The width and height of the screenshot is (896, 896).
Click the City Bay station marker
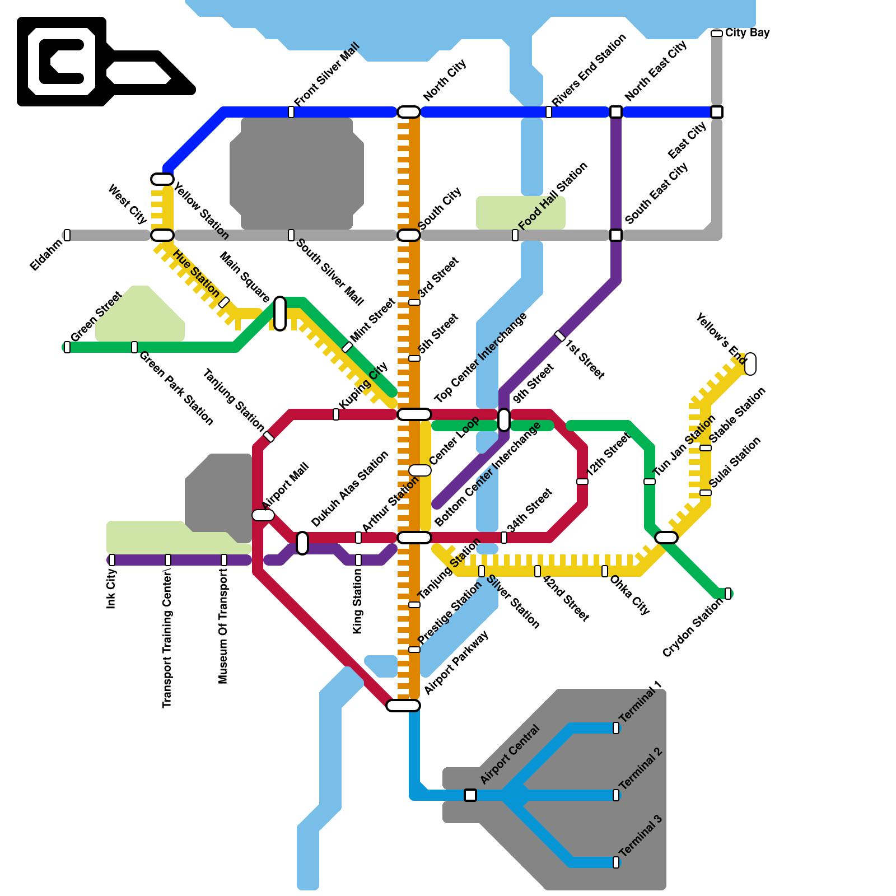click(716, 34)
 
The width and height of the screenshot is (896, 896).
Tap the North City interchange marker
click(409, 112)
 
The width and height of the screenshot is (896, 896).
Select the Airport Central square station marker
click(470, 795)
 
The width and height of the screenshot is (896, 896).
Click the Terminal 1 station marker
click(616, 728)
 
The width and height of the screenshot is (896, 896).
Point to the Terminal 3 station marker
click(616, 862)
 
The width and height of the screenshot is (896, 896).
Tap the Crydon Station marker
click(728, 594)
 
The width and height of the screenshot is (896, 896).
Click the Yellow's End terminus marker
click(750, 364)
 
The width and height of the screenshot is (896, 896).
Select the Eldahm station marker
click(67, 235)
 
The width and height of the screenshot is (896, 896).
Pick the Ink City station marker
click(112, 560)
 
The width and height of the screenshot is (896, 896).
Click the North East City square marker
click(616, 112)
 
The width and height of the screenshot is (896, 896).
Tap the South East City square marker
click(616, 235)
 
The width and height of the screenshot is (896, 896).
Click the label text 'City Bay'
click(747, 32)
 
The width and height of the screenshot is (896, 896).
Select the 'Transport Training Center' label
click(167, 638)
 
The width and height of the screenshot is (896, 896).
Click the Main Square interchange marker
click(280, 314)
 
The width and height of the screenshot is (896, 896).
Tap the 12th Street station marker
click(582, 482)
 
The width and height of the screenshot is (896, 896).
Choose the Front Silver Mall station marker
click(291, 112)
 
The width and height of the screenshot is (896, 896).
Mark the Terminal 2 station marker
click(616, 795)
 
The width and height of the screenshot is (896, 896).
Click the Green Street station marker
click(67, 347)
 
